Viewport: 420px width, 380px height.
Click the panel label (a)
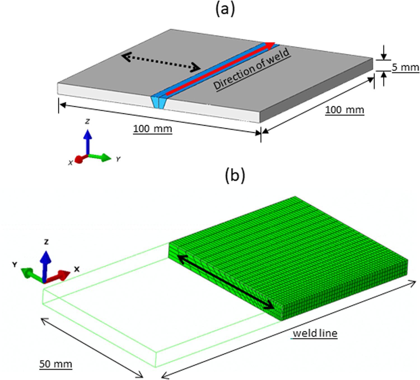(x=225, y=10)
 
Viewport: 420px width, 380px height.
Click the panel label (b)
(x=235, y=176)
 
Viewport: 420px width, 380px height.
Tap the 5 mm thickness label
(x=405, y=67)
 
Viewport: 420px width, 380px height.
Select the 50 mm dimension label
(x=55, y=364)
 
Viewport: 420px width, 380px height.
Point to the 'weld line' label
(x=315, y=333)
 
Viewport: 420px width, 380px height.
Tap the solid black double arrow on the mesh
(x=226, y=283)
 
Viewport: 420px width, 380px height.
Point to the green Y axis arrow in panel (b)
(x=31, y=274)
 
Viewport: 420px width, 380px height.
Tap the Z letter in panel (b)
(x=46, y=242)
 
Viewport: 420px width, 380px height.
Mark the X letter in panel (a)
(x=70, y=162)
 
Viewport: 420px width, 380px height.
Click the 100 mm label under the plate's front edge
(x=152, y=129)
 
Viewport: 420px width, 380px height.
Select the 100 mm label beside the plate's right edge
(x=344, y=110)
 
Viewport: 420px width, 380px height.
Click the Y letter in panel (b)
(x=15, y=264)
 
